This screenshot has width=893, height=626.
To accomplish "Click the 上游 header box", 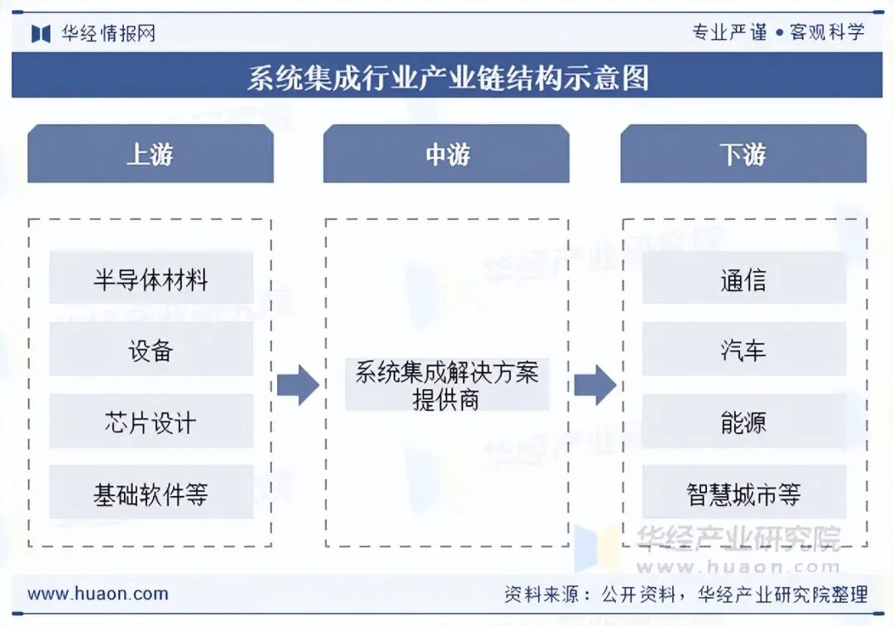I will (x=150, y=154).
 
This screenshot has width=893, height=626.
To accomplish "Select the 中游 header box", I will (x=446, y=154).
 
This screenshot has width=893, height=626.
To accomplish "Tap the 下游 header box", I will (x=743, y=154).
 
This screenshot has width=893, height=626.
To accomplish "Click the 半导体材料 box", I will (x=150, y=280).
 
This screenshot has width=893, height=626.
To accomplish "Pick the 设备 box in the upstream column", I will (x=150, y=351).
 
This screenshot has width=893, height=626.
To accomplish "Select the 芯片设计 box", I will (x=150, y=423).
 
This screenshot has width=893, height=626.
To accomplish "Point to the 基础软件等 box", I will (x=150, y=495).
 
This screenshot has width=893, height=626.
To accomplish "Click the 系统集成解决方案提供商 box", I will (x=446, y=385).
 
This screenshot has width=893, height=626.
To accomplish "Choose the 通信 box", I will (x=743, y=280).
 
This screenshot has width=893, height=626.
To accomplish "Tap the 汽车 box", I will (x=743, y=351).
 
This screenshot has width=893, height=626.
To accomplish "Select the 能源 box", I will (x=743, y=423).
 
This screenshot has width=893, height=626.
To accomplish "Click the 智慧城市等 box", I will (x=743, y=495).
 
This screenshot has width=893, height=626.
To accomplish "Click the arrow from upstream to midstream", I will (x=297, y=385).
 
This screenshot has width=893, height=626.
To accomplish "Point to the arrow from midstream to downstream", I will (x=595, y=385).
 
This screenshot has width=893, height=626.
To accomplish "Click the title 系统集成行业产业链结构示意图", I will (x=447, y=77).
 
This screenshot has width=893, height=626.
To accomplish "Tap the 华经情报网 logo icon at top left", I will (x=41, y=33).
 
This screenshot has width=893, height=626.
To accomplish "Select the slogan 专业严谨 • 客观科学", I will (x=778, y=32).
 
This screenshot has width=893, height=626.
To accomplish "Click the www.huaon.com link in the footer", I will (x=98, y=594).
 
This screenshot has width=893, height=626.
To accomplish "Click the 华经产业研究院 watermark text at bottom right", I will (x=738, y=538).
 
